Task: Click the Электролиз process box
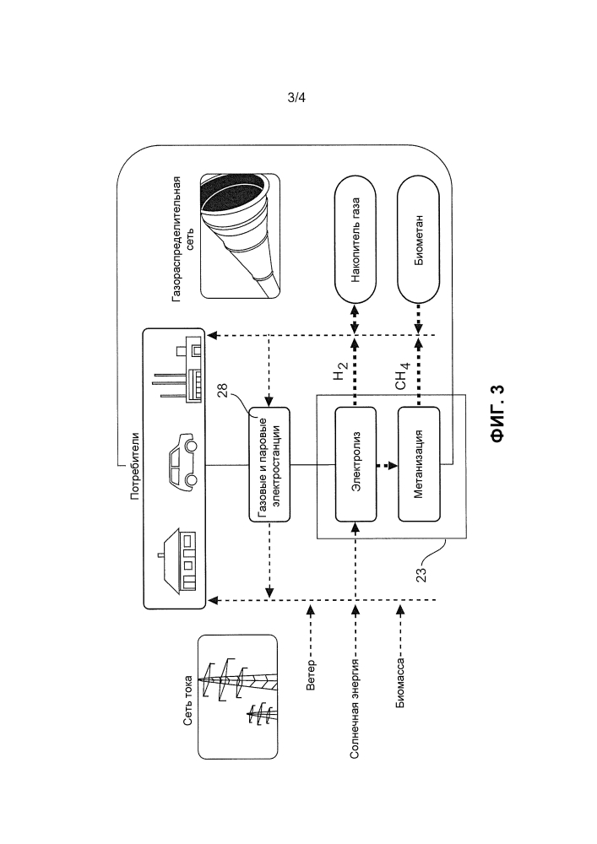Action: (x=355, y=464)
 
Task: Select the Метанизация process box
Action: (x=419, y=464)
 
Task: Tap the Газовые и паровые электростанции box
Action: (x=269, y=464)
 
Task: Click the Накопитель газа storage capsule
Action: (x=355, y=241)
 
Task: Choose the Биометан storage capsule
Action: (x=419, y=241)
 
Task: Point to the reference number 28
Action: (x=222, y=390)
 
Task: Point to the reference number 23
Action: (x=421, y=574)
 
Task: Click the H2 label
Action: (x=341, y=372)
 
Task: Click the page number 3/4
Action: (x=296, y=97)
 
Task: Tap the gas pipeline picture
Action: (x=240, y=235)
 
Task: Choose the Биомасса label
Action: (x=400, y=684)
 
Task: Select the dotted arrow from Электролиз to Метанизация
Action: (x=387, y=464)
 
